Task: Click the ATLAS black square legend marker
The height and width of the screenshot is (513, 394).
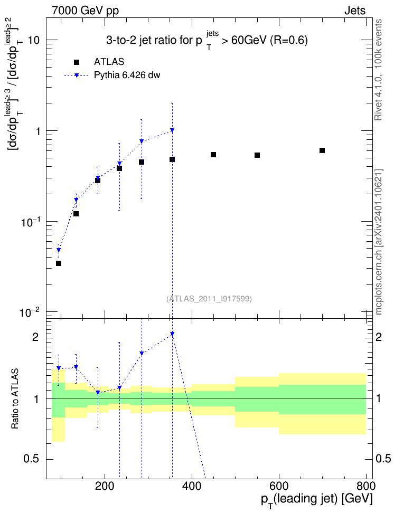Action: click(77, 62)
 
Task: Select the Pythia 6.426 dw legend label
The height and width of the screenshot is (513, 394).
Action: click(127, 75)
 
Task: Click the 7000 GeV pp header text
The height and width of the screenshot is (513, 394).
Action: click(86, 11)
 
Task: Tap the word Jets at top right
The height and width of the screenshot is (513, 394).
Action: click(355, 11)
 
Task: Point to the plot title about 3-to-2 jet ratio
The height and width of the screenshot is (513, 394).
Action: click(207, 40)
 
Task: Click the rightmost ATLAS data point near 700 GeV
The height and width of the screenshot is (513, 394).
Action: click(322, 150)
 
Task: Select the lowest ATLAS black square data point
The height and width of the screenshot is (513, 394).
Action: click(59, 263)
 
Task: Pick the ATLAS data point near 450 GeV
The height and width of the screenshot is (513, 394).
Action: click(213, 155)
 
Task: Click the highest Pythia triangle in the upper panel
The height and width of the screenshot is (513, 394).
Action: click(172, 130)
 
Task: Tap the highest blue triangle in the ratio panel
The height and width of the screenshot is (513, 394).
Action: click(172, 334)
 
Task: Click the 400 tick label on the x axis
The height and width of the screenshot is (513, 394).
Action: click(192, 486)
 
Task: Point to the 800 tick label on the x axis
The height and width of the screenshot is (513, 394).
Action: click(366, 486)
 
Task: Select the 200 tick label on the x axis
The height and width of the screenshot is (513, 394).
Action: click(105, 486)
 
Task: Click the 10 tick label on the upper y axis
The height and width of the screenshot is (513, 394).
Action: click(34, 41)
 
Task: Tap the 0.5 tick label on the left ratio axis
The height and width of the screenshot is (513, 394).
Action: click(32, 459)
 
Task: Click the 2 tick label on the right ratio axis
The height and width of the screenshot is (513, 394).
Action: click(379, 337)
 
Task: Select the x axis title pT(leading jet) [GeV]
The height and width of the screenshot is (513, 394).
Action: click(317, 500)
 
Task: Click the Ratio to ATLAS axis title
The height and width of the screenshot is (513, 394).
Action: click(15, 399)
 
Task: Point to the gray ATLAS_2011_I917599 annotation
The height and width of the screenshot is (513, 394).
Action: click(209, 299)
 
